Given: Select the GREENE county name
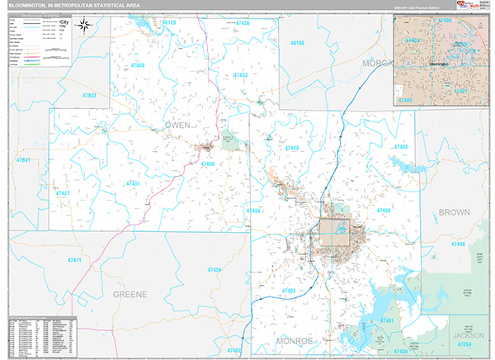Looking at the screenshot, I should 130,293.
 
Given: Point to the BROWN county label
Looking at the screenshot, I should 454,212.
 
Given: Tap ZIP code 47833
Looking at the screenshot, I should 89,96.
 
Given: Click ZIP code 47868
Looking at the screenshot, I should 137,64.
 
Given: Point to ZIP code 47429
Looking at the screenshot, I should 291,148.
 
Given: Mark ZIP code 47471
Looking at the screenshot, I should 75,260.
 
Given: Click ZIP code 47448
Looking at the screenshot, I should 459,244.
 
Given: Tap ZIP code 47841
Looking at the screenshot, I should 24,159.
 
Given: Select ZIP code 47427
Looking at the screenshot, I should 63,193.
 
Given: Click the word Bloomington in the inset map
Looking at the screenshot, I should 442,63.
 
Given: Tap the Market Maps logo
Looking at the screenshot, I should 478,7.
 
